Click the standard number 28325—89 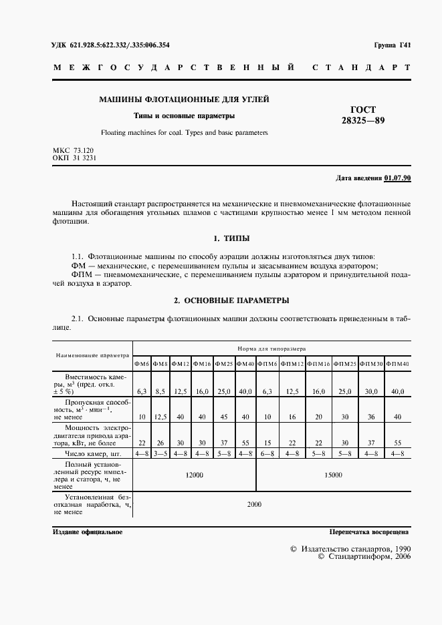pyautogui.click(x=363, y=121)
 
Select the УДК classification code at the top pyautogui.click(x=110, y=45)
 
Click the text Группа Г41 pyautogui.click(x=392, y=45)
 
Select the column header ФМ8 pyautogui.click(x=160, y=364)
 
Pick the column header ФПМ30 pyautogui.click(x=371, y=364)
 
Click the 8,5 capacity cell pyautogui.click(x=160, y=391)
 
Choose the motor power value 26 pyautogui.click(x=160, y=443)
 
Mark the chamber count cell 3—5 pyautogui.click(x=160, y=453)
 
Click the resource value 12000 pyautogui.click(x=195, y=475)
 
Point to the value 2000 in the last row pyautogui.click(x=254, y=504)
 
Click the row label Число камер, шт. pyautogui.click(x=92, y=453)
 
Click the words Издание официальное pyautogui.click(x=87, y=532)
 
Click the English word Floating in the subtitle pyautogui.click(x=115, y=133)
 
